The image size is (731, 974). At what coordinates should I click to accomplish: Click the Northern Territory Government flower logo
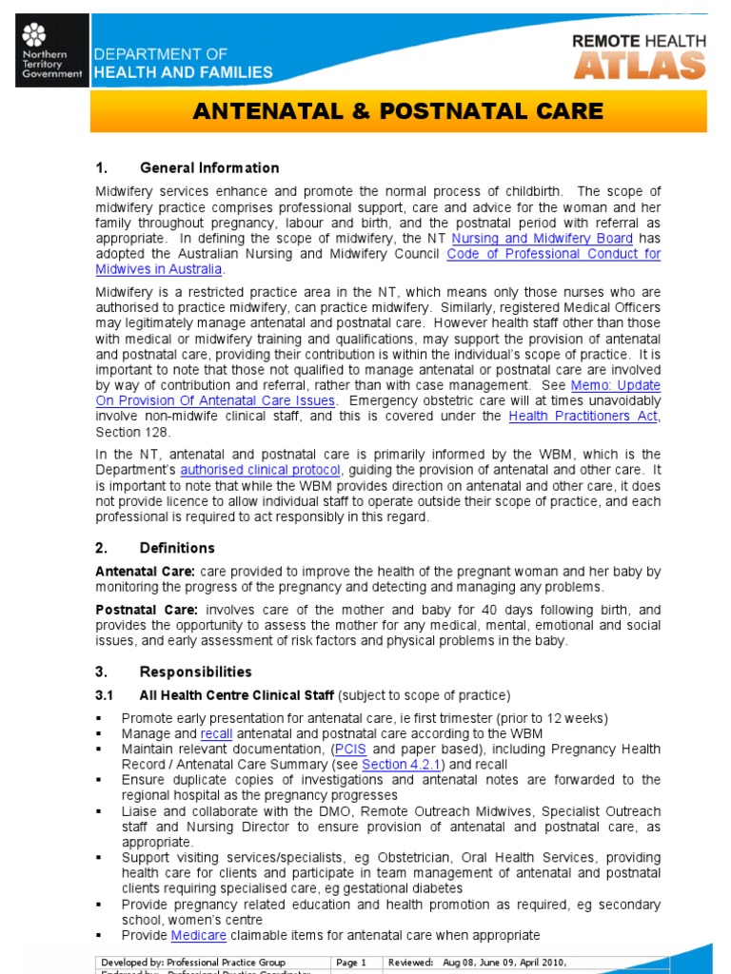(34, 36)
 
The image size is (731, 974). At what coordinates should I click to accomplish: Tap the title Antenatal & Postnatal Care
(398, 111)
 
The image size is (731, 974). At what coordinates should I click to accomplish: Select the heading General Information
(209, 168)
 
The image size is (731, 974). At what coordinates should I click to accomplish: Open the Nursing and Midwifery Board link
(542, 238)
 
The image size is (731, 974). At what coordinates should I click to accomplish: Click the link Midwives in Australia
(159, 269)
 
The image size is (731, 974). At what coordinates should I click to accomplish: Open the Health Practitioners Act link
(583, 417)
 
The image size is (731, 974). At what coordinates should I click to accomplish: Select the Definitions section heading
(177, 548)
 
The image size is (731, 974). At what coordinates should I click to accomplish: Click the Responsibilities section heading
(195, 672)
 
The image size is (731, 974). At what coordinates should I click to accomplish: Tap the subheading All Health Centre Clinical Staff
(236, 694)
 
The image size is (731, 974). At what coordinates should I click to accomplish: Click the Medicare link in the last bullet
(199, 935)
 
